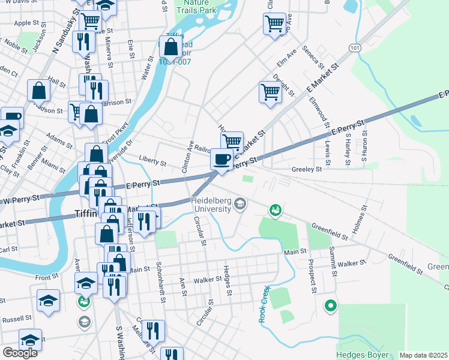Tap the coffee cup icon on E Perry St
[222, 159]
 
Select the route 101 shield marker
[355, 47]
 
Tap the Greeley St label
[307, 169]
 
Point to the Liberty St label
[152, 162]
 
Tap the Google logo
[20, 353]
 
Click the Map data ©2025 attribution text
[423, 355]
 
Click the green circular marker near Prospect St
[330, 306]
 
